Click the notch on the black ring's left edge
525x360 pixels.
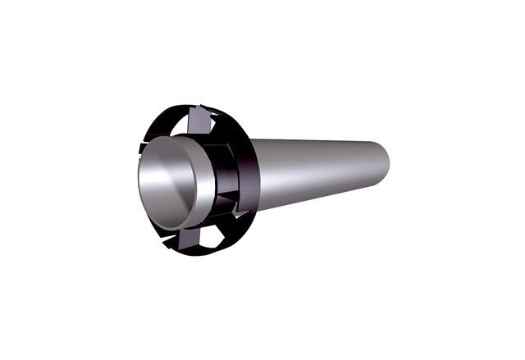140,148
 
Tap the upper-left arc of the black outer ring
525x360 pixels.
152,131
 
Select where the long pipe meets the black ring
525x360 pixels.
254,176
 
